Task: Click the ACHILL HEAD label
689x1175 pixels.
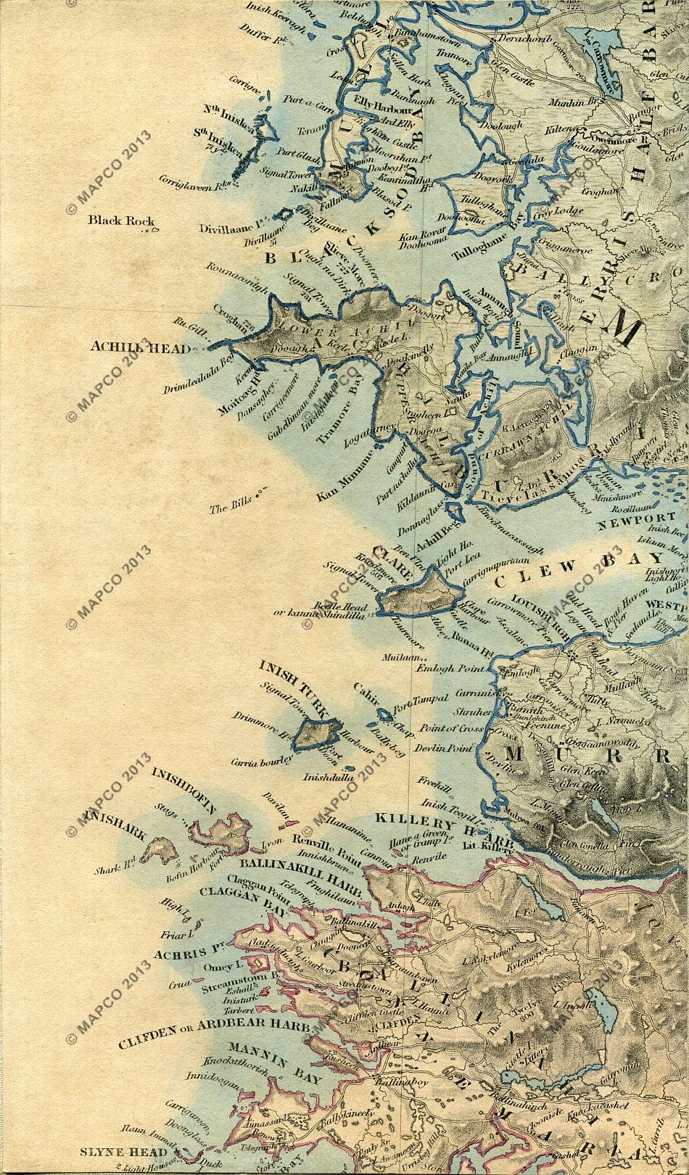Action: tap(140, 347)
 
